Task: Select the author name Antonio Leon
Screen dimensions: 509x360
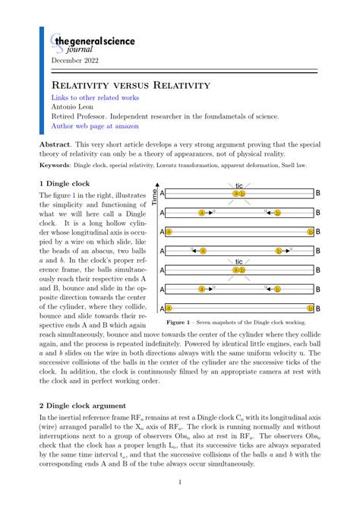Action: (75, 108)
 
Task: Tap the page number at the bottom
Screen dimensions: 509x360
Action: (179, 482)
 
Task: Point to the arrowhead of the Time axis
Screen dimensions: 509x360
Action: (155, 186)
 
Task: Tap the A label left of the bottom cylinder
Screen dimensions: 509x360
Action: (162, 308)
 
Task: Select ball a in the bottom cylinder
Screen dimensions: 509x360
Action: (169, 308)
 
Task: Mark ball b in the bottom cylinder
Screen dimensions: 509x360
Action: (309, 308)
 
